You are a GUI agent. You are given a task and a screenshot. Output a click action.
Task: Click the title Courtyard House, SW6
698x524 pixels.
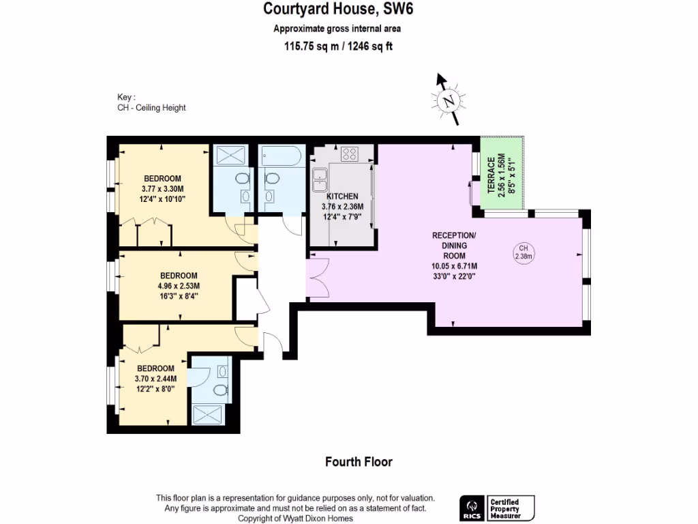[338, 10]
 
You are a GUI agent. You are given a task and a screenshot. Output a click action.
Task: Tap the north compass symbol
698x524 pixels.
[448, 101]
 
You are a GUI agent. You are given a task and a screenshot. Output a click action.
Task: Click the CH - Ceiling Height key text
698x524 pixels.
[151, 108]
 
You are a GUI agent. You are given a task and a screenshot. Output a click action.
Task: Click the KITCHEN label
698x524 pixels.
[342, 196]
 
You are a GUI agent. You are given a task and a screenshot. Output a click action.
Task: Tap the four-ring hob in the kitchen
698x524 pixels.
[350, 154]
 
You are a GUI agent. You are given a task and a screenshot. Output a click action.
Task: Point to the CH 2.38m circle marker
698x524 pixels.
[523, 252]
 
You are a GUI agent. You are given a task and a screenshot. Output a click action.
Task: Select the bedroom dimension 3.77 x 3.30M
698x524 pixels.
[162, 189]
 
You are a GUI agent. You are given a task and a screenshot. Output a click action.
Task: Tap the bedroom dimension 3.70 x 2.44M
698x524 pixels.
[156, 379]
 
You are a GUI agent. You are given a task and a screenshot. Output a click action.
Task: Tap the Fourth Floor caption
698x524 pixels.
[359, 462]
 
